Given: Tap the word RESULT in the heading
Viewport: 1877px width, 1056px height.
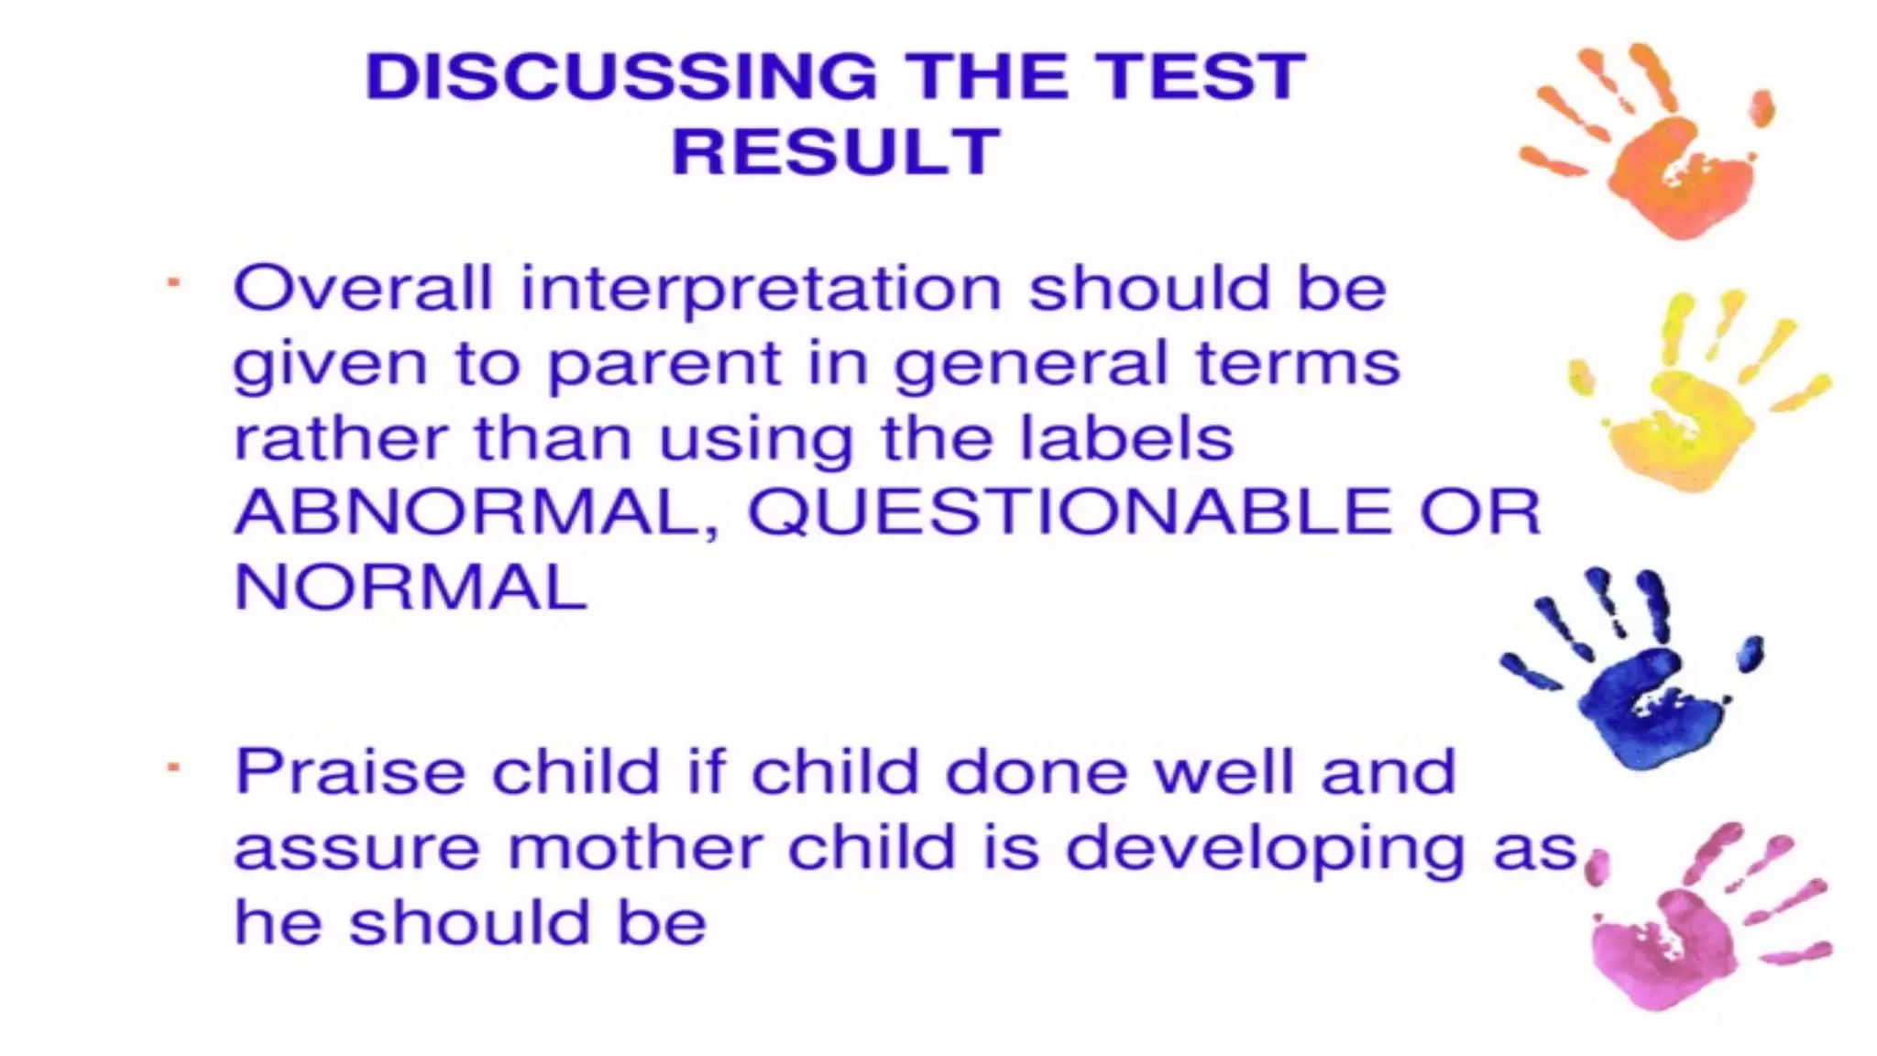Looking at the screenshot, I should click(x=836, y=151).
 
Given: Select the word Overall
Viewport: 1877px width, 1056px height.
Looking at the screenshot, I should click(x=363, y=289).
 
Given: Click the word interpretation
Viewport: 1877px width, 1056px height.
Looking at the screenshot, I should click(x=761, y=291).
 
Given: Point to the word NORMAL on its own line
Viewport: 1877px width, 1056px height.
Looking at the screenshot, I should click(x=411, y=588).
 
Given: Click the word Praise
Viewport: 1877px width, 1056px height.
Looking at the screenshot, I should click(x=350, y=772).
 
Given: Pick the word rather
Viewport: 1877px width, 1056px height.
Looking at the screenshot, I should click(x=340, y=440).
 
